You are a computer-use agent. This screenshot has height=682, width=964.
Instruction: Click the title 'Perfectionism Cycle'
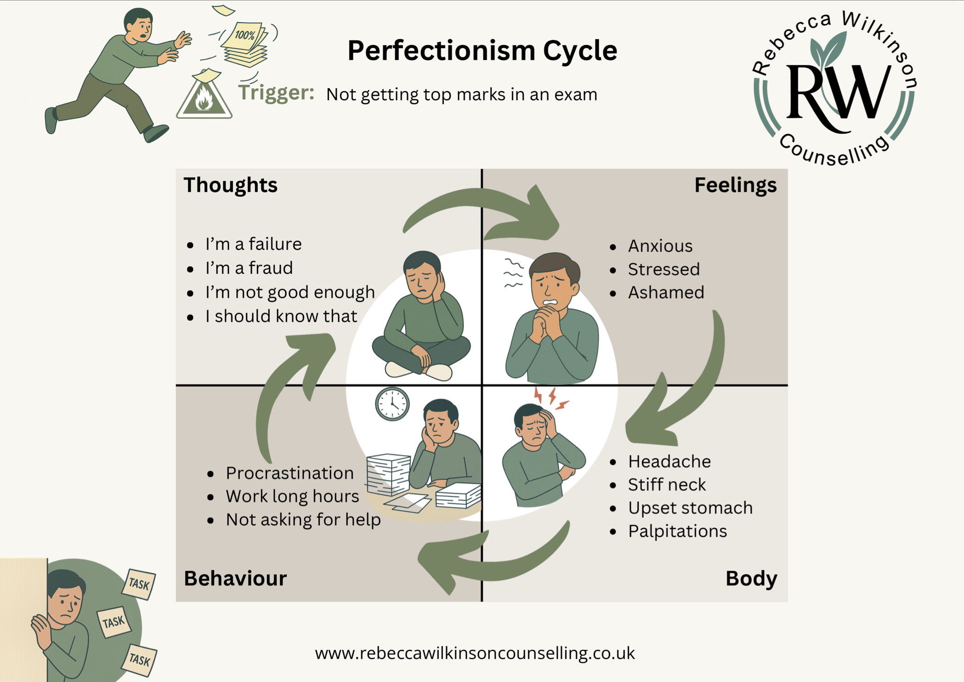[x=482, y=51]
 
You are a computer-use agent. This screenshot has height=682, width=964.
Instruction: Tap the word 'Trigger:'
[x=276, y=92]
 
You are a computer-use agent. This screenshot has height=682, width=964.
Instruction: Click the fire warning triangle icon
[x=204, y=97]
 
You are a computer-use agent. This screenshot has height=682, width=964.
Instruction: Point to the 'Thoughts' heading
[x=231, y=185]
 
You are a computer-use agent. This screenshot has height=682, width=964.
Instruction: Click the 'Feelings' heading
[x=735, y=185]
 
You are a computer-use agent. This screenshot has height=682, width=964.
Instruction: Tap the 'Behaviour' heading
[x=235, y=578]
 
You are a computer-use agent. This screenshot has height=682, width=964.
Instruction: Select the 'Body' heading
[x=751, y=578]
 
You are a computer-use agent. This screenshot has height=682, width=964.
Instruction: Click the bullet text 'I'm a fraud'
[x=249, y=268]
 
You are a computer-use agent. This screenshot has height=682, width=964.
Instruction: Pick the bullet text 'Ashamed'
[x=666, y=292]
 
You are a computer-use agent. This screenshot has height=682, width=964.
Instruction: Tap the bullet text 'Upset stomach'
[x=690, y=508]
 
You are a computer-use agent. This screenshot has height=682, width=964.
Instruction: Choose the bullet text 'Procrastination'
[x=289, y=473]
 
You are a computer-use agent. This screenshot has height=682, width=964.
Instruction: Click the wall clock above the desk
[x=392, y=404]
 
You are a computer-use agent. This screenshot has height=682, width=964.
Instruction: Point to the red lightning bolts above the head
[x=551, y=398]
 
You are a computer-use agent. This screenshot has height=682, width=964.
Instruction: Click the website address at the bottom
[x=475, y=653]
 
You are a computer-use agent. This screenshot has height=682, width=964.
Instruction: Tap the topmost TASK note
[x=139, y=584]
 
